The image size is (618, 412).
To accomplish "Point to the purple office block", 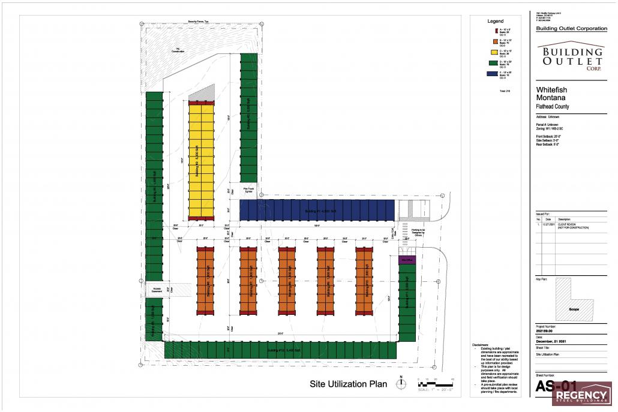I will (407, 260).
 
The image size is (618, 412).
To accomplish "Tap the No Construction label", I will (178, 50).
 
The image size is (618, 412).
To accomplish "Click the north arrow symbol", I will (400, 383).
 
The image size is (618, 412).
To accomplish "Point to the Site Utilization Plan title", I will (348, 384).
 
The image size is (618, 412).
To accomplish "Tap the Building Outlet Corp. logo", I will (571, 56).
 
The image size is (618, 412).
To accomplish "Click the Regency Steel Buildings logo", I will (581, 395).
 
